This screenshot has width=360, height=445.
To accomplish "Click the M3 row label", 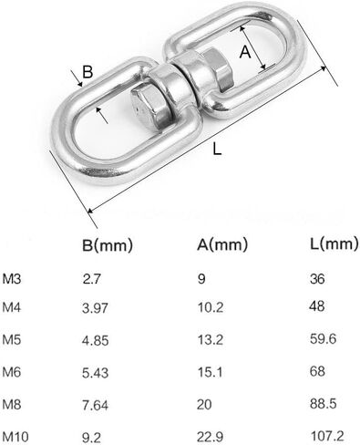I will coord(12,279).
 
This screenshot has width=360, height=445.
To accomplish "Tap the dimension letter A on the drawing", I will coord(244,54).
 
